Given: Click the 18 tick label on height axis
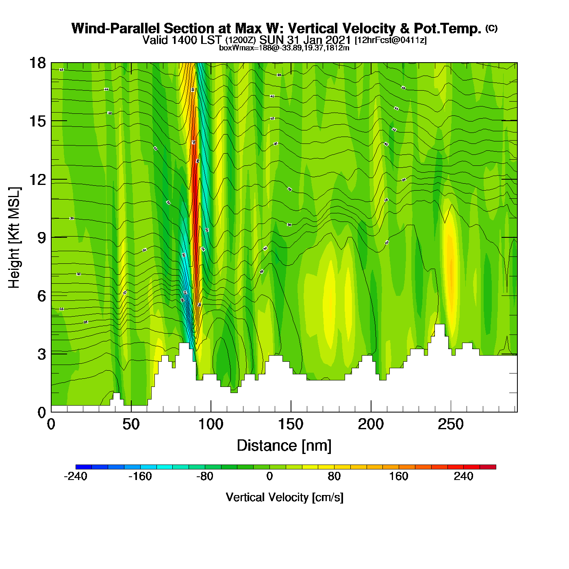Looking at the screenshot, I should (37, 63).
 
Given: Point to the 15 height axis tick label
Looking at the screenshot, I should (37, 122).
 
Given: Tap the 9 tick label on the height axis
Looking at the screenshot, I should (41, 238).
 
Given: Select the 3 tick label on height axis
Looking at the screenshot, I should (41, 354).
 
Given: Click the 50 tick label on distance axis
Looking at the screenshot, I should (131, 425).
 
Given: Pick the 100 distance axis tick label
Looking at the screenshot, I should (211, 425).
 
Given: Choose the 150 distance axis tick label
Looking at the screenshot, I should (291, 425).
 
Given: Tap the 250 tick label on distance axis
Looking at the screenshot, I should (451, 425).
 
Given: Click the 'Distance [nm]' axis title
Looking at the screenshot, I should (284, 445).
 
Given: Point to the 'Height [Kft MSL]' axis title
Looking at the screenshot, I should (14, 238).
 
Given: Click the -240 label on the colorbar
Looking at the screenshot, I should (76, 476).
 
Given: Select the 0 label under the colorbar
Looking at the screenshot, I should (269, 476).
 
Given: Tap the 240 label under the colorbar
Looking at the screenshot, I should (463, 476).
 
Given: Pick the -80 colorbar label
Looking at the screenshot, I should (205, 476).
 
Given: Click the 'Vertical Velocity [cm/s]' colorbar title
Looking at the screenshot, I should (284, 497).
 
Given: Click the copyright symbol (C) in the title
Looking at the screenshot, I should (491, 28).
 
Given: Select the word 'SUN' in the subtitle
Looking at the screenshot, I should (272, 40).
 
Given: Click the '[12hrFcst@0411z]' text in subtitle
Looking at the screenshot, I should (391, 40).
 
